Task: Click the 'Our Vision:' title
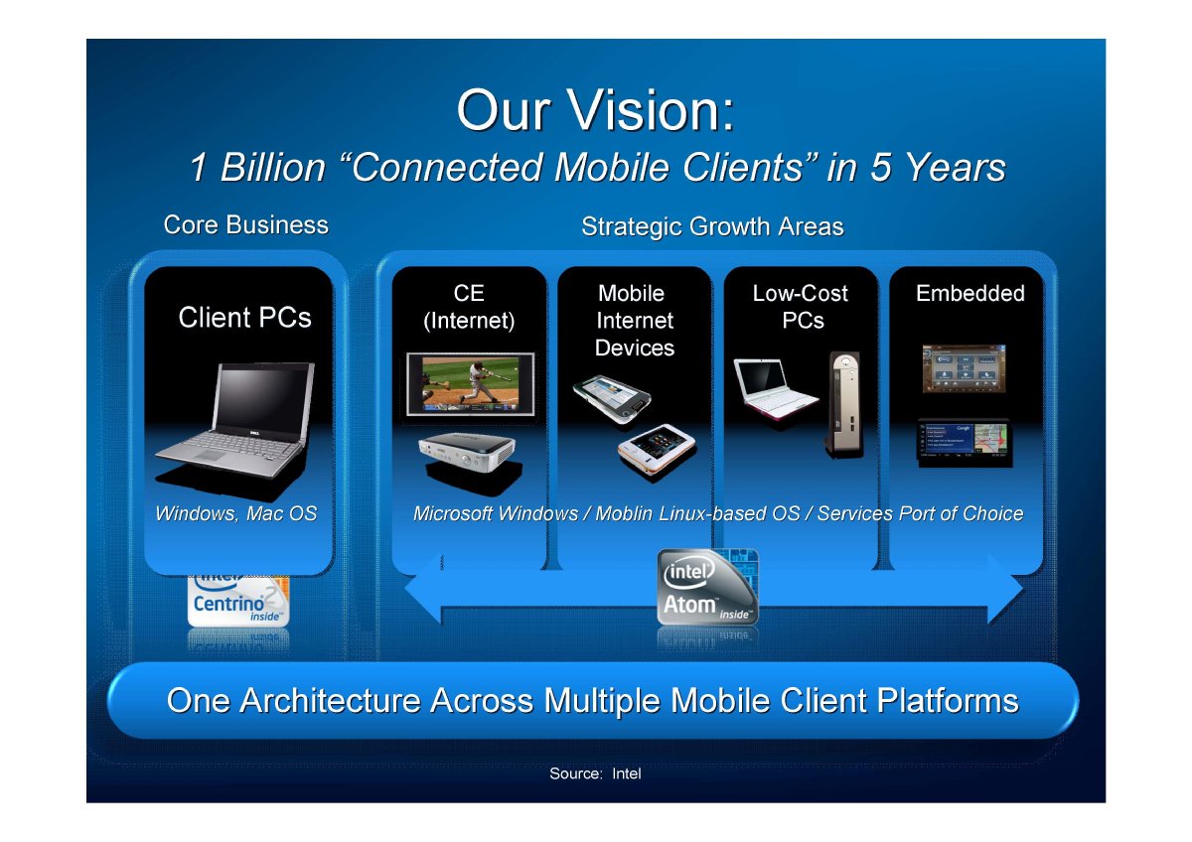pos(595,110)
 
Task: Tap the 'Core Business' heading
pos(246,225)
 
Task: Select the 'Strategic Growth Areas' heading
pos(712,226)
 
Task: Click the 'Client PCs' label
pos(244,318)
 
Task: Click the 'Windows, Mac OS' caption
pos(235,513)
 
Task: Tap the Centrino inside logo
pos(238,600)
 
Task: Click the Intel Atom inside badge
pos(707,587)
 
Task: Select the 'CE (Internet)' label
pos(469,307)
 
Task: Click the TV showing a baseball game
pos(471,383)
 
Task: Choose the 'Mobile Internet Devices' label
pos(635,320)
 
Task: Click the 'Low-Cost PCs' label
pos(801,307)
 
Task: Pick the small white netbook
pos(775,388)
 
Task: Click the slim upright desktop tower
pos(844,404)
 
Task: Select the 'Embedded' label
pos(970,293)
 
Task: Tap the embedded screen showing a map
pos(966,443)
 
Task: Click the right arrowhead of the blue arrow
pos(1005,589)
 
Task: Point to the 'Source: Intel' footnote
pos(595,773)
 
